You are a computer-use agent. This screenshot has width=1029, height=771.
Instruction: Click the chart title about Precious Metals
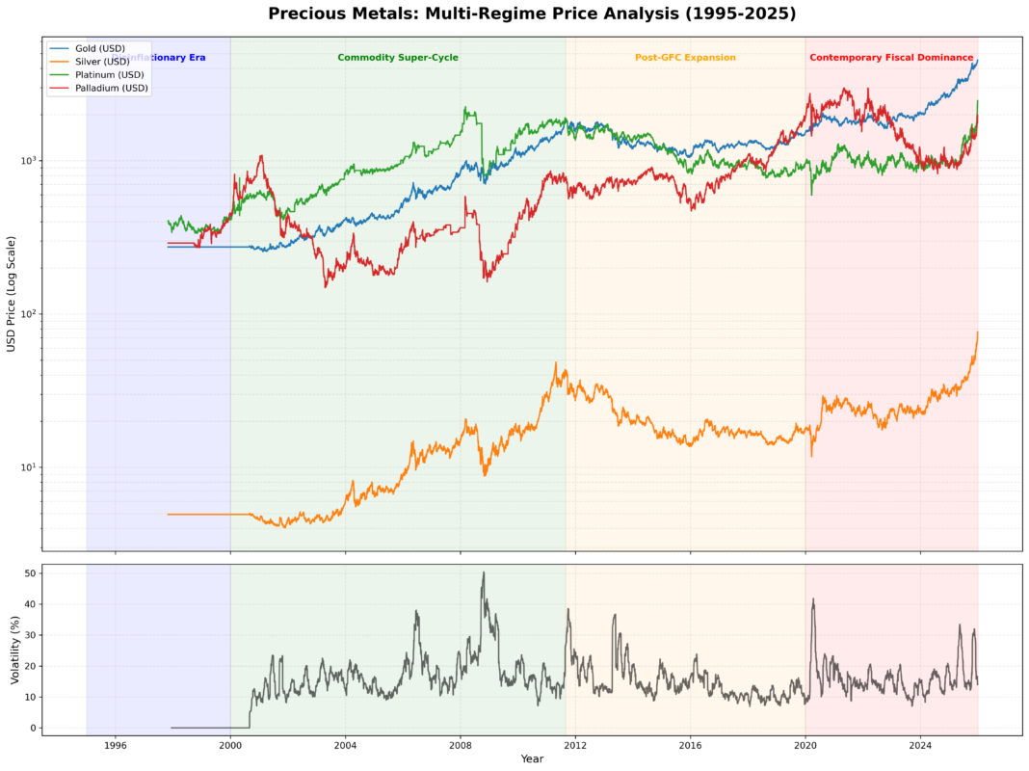(x=532, y=13)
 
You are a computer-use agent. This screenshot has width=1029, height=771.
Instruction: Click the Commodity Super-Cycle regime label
(x=398, y=58)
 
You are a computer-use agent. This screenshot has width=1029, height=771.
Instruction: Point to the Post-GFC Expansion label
(x=685, y=58)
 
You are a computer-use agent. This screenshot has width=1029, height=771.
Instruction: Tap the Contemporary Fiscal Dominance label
(x=891, y=58)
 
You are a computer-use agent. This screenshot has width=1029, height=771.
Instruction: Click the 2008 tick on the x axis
(x=461, y=745)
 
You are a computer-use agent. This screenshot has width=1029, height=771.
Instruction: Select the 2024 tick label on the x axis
(x=920, y=745)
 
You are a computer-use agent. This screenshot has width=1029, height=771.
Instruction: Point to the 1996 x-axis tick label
(x=116, y=745)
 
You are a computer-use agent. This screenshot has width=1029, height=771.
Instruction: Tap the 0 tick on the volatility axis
(x=34, y=728)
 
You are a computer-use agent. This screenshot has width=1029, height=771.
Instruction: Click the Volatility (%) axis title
(x=14, y=651)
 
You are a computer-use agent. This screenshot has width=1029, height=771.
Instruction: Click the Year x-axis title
(x=532, y=759)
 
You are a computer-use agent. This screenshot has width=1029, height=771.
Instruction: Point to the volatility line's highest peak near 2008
(x=484, y=572)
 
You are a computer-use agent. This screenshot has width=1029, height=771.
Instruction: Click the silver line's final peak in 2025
(x=977, y=332)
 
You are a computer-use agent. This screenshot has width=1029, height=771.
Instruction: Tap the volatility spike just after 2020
(x=813, y=599)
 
